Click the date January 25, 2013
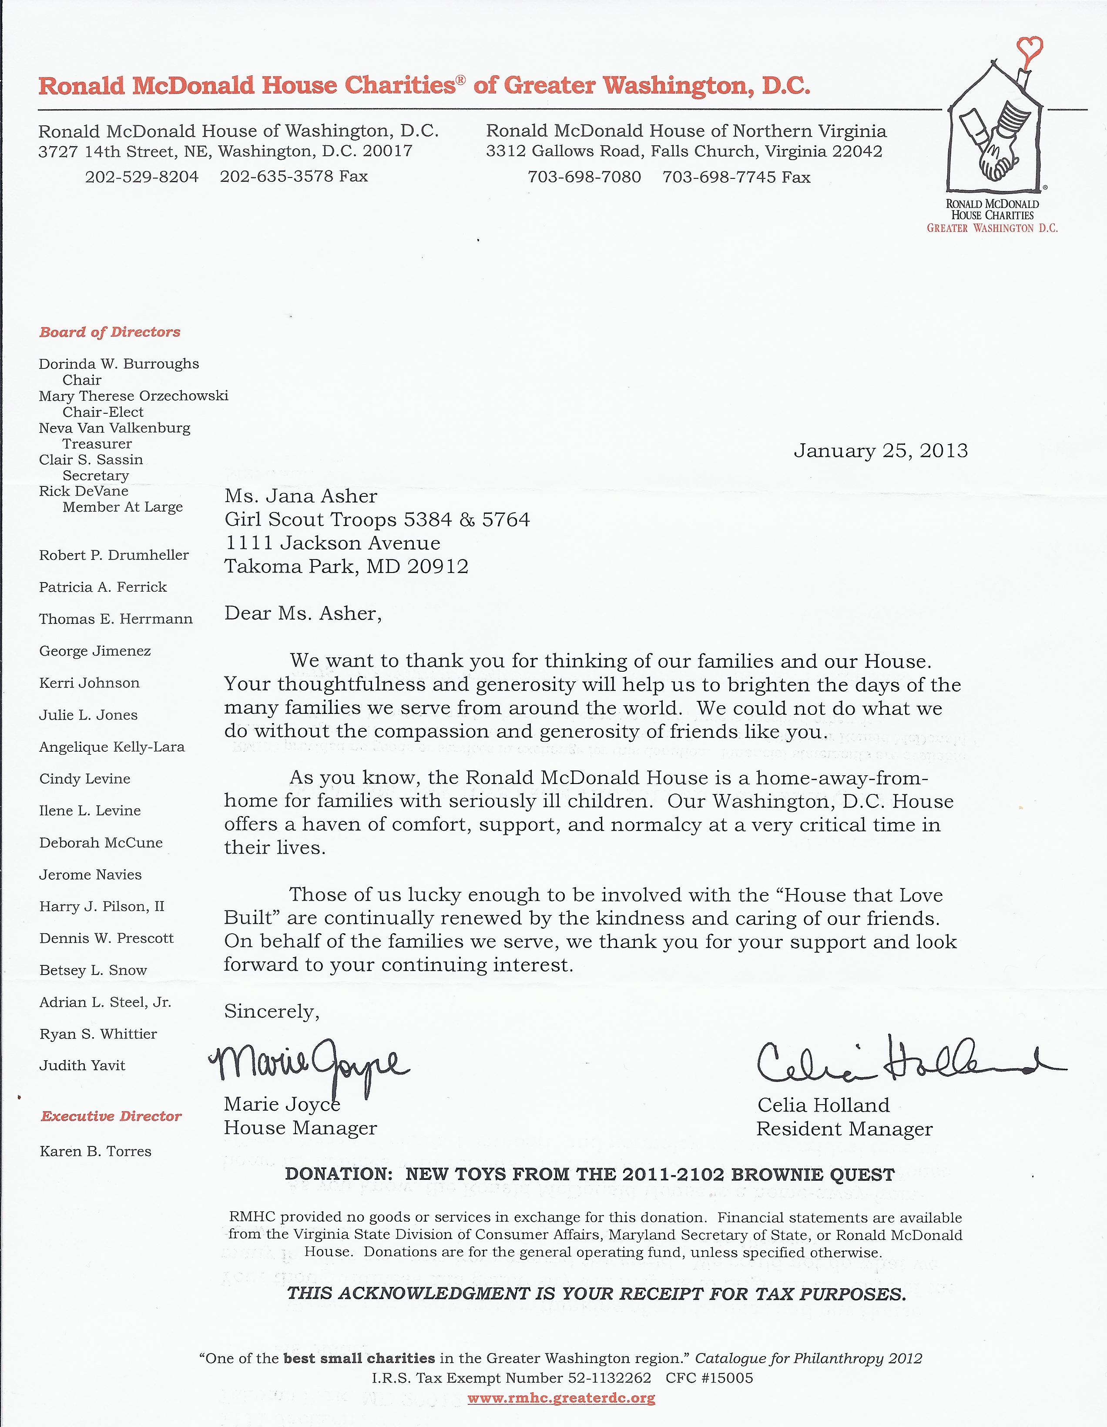point(880,451)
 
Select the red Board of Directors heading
point(110,332)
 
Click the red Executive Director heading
point(111,1116)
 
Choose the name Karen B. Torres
point(95,1151)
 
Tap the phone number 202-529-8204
point(142,176)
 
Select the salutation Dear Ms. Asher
point(302,613)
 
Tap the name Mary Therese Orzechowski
point(133,396)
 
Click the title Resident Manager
point(844,1129)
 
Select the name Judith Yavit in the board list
point(82,1065)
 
